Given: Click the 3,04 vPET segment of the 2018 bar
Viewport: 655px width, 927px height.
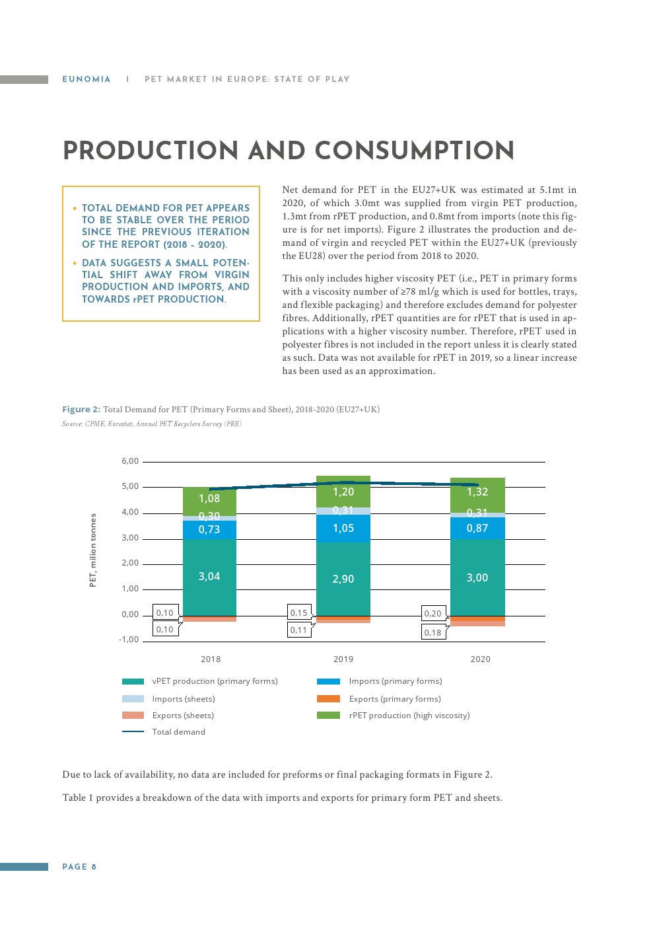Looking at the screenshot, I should (x=209, y=577).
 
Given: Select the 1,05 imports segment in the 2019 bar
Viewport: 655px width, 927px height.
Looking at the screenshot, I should (x=343, y=528).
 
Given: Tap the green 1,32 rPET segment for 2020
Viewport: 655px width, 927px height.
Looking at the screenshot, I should (x=477, y=492).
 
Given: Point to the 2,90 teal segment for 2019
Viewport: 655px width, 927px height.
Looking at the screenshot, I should (x=343, y=579).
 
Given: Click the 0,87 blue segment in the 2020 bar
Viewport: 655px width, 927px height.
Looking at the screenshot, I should (x=477, y=528).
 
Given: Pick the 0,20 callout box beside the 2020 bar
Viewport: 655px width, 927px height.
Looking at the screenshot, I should (x=433, y=613).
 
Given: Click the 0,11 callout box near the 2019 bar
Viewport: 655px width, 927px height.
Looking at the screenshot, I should (x=299, y=630).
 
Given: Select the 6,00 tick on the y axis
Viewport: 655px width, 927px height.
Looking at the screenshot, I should (x=130, y=461).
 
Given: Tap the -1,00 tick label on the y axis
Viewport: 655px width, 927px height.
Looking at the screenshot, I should (x=129, y=640).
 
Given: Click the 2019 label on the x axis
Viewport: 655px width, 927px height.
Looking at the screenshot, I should (x=343, y=659).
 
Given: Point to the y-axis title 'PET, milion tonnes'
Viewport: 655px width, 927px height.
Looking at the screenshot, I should (x=93, y=550).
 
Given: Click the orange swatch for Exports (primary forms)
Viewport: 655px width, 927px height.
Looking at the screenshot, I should (x=328, y=698).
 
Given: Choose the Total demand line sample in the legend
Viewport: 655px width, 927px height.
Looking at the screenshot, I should (x=133, y=731).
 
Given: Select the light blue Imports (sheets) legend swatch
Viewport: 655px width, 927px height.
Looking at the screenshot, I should (x=133, y=698).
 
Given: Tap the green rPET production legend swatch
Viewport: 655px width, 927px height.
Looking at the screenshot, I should (x=328, y=715).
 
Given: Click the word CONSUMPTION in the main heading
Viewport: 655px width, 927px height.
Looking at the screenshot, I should (x=414, y=151).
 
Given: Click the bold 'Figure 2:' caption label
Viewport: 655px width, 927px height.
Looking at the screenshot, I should (x=81, y=410).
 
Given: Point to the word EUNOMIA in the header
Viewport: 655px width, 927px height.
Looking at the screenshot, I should (x=86, y=79).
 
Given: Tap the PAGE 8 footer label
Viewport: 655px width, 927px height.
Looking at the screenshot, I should (x=79, y=867).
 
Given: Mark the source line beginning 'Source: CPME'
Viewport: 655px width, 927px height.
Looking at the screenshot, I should (x=151, y=424).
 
